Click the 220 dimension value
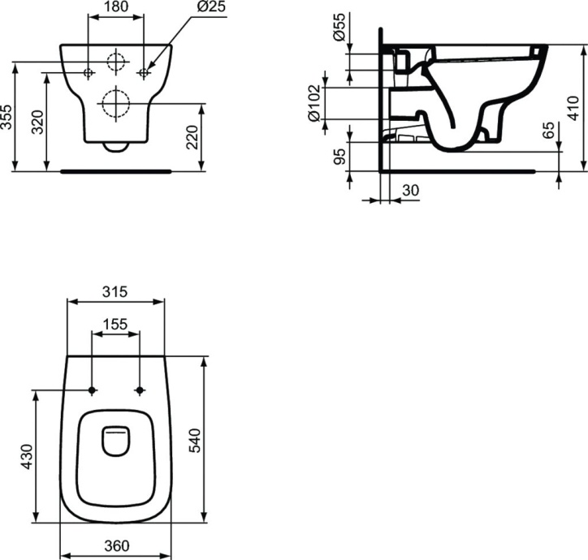[192, 138]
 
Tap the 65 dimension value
[548, 131]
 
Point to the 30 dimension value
[411, 189]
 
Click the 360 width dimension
[116, 546]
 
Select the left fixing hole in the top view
[93, 390]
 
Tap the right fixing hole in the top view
[141, 390]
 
